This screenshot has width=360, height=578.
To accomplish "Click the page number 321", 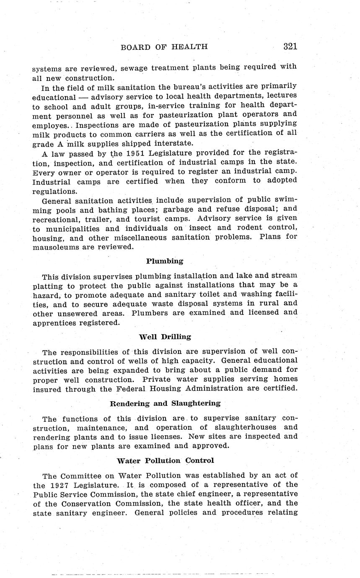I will [x=290, y=46].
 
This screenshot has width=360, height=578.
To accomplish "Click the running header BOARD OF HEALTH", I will [x=164, y=47].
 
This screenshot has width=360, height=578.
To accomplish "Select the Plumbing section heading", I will [x=165, y=261].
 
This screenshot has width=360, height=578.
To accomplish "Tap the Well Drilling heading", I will [x=165, y=336].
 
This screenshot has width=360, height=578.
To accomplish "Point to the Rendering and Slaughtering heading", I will [x=165, y=403].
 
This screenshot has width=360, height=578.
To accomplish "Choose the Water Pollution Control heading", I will [x=165, y=460].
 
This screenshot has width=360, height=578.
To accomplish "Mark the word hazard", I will [x=45, y=294].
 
